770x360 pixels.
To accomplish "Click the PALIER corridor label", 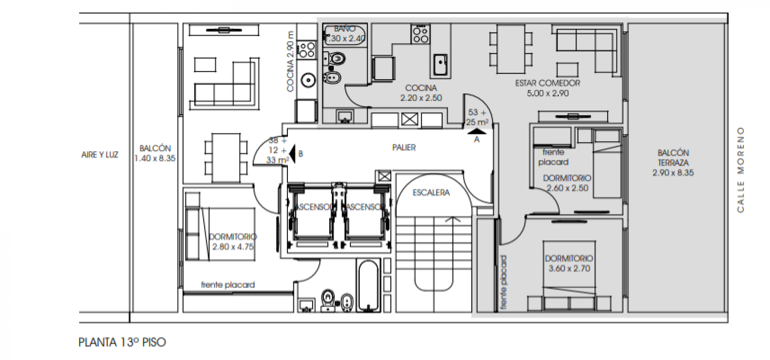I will [x=404, y=147].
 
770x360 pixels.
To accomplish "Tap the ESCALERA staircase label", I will [x=431, y=193].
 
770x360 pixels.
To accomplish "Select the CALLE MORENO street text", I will [x=740, y=169].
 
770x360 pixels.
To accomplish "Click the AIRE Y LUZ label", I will [x=100, y=155].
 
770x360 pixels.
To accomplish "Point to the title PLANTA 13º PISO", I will [x=122, y=342].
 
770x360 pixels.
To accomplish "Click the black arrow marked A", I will [x=476, y=131].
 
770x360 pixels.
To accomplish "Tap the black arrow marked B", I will [x=292, y=153].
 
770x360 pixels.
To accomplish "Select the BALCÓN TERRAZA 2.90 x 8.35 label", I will [x=673, y=163].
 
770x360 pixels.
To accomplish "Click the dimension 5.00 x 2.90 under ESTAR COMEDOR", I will [x=547, y=93].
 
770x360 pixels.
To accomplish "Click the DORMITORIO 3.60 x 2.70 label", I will [x=569, y=263].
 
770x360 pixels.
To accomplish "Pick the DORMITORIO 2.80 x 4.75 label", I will [x=233, y=242].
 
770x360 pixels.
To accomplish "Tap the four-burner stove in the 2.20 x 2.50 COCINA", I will [x=420, y=34].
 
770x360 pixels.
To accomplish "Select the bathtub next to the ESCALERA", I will [x=368, y=285].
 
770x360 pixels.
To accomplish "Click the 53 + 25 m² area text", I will [x=477, y=117].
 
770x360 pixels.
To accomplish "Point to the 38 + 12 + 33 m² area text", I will [x=277, y=150].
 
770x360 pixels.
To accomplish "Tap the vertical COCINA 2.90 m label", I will [x=291, y=61].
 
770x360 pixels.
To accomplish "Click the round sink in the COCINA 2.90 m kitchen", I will [x=308, y=80].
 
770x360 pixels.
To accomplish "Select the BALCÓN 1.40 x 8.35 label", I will [x=155, y=153].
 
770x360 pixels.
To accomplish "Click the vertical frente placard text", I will [x=503, y=282].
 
